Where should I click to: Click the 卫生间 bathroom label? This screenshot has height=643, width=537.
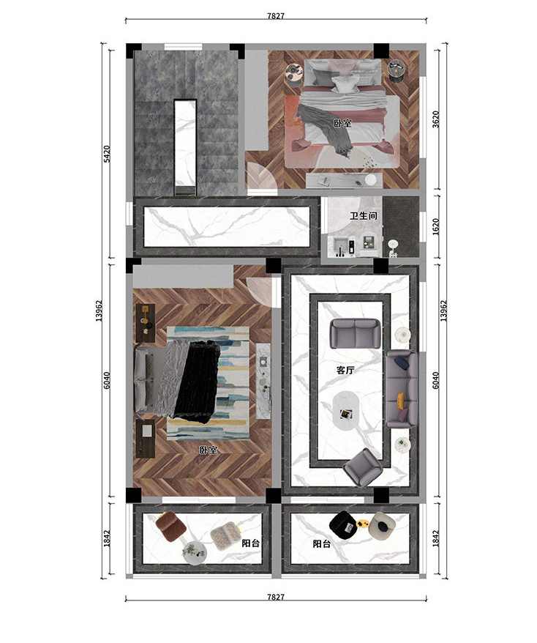pyautogui.click(x=364, y=216)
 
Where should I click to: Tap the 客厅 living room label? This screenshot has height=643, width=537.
pyautogui.click(x=345, y=371)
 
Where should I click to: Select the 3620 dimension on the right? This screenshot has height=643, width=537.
pyautogui.click(x=436, y=119)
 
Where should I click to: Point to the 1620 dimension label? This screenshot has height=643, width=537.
pyautogui.click(x=436, y=227)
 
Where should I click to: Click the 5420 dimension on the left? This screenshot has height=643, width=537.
pyautogui.click(x=107, y=154)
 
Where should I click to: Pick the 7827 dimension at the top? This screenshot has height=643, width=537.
pyautogui.click(x=276, y=16)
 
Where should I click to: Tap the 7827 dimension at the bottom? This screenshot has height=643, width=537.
pyautogui.click(x=276, y=597)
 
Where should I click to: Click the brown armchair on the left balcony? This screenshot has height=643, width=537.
pyautogui.click(x=171, y=526)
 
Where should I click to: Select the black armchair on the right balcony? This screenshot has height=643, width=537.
pyautogui.click(x=343, y=524)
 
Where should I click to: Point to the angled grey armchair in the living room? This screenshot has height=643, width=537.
pyautogui.click(x=363, y=467)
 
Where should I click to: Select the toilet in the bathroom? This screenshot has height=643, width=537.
pyautogui.click(x=394, y=248)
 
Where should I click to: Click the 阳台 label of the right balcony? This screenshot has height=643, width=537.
pyautogui.click(x=322, y=543)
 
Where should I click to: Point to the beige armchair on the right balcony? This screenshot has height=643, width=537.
pyautogui.click(x=383, y=525)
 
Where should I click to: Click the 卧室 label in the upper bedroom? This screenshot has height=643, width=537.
pyautogui.click(x=342, y=123)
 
